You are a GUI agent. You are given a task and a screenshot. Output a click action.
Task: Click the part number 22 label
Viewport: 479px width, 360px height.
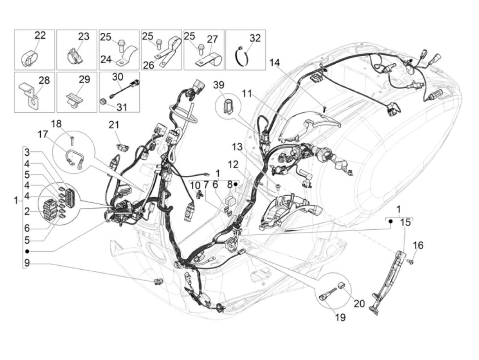point(40,36)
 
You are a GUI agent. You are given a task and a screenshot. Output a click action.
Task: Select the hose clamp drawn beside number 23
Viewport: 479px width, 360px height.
point(74,56)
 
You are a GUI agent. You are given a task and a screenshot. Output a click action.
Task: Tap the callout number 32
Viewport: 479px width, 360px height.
point(255,38)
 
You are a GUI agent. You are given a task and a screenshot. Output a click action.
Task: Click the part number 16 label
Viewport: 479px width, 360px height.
point(418,245)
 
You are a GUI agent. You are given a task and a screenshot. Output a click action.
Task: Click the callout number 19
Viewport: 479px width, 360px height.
point(340,317)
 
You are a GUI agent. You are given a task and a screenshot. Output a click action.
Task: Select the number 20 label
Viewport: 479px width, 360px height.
point(359,303)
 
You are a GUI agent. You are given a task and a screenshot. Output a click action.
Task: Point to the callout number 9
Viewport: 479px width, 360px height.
point(27,263)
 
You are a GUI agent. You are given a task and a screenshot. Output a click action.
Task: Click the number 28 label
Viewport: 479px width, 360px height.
point(44,80)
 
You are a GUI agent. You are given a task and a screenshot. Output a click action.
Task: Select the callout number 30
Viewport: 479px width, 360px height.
point(117,77)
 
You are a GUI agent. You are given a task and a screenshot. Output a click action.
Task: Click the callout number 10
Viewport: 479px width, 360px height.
point(195,185)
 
